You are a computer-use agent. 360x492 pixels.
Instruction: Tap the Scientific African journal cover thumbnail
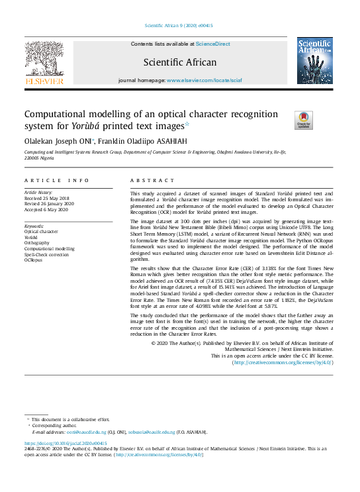point(315,61)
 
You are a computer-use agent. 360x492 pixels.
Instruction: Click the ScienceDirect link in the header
point(213,44)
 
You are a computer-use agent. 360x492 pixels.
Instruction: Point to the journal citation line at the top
point(179,26)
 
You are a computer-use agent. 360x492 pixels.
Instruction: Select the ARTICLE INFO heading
point(56,181)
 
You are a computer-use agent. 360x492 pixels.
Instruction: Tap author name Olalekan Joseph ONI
point(60,140)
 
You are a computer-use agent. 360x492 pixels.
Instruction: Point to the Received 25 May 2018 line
point(48,197)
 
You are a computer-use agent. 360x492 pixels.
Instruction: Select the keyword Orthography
point(38,243)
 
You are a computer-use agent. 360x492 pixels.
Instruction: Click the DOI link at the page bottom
point(66,442)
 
